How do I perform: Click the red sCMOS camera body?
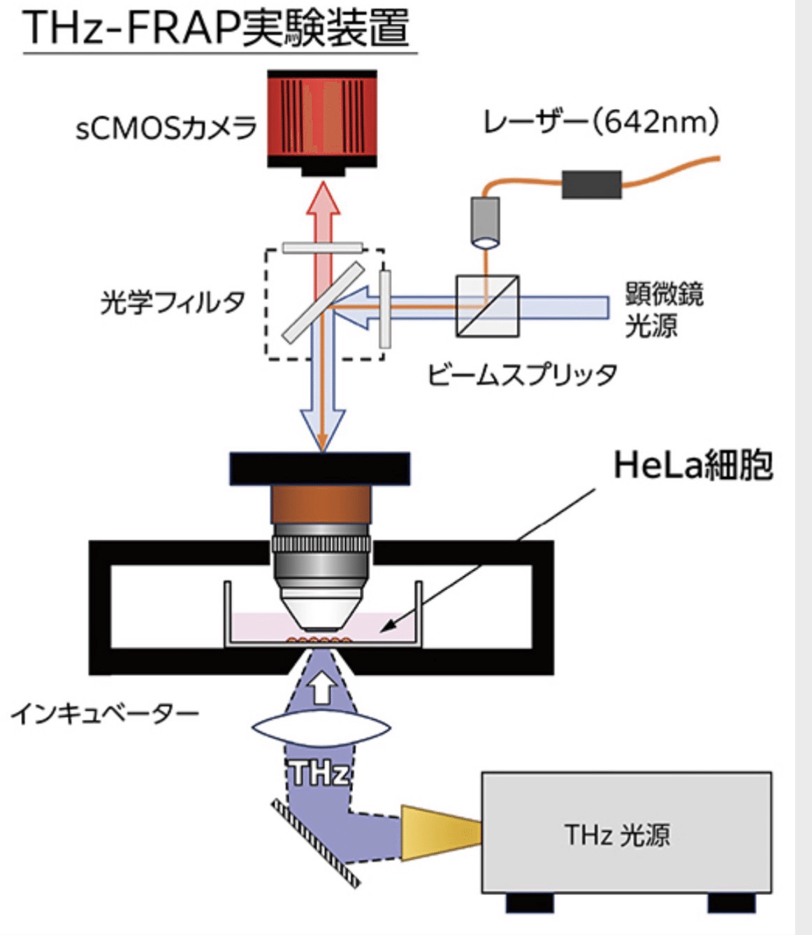[322, 119]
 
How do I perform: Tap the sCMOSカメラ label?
[166, 128]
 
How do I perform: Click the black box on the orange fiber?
[592, 184]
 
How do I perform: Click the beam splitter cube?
[487, 306]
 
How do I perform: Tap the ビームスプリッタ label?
[522, 374]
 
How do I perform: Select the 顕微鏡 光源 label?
[664, 310]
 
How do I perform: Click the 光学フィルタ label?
[173, 303]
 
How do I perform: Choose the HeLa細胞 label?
[693, 465]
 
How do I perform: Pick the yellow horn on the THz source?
[440, 831]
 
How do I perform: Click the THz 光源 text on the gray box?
[616, 834]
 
